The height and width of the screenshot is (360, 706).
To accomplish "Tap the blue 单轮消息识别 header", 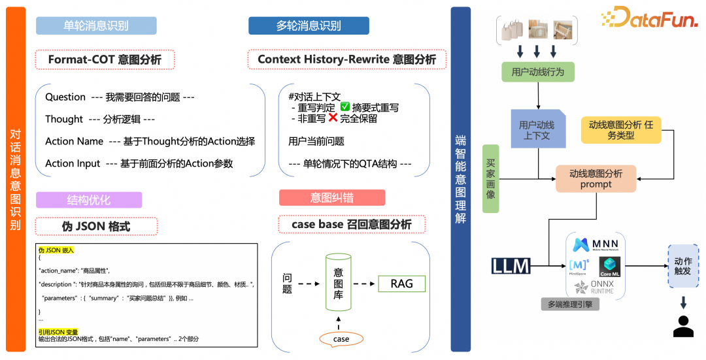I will click(x=96, y=25).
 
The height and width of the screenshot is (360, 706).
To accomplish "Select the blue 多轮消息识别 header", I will click(x=309, y=25).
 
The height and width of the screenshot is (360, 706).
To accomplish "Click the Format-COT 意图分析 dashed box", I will click(x=105, y=60).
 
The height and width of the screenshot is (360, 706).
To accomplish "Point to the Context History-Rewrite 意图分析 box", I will click(x=346, y=59).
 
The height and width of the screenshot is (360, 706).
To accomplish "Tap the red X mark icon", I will click(x=333, y=119).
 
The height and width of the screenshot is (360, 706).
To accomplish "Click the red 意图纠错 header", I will click(x=331, y=197).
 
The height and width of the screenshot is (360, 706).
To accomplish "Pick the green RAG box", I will click(x=401, y=284).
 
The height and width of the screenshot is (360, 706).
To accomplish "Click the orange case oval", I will click(x=341, y=339).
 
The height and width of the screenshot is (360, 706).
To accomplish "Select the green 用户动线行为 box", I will click(x=538, y=71).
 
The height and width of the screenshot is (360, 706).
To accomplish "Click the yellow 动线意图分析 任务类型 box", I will click(x=621, y=129).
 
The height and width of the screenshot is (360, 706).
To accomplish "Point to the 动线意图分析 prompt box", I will click(x=596, y=178).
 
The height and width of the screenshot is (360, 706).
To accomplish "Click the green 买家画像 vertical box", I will click(x=491, y=178).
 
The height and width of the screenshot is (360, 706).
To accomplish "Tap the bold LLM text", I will click(x=511, y=266).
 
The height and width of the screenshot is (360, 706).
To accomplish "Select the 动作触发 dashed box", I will click(x=683, y=266).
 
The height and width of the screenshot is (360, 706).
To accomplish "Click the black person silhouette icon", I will click(x=683, y=326).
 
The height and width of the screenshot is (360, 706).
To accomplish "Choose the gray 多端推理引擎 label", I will click(x=570, y=304).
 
